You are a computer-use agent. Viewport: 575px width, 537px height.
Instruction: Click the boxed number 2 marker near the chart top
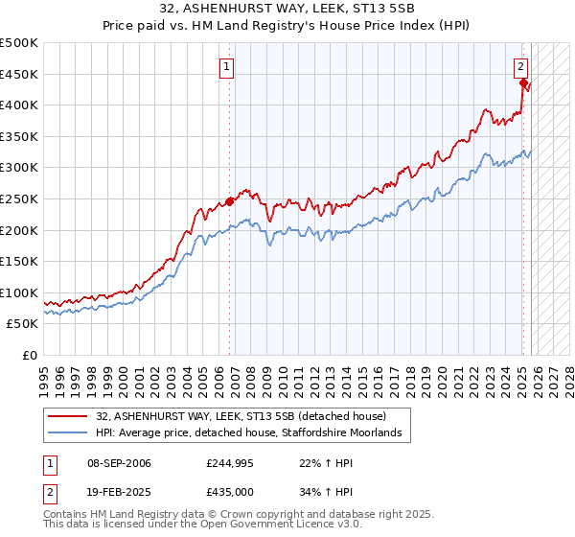tap(520, 67)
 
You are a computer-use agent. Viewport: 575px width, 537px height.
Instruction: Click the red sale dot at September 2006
tap(230, 201)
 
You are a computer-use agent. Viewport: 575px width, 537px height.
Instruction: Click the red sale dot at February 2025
tap(523, 83)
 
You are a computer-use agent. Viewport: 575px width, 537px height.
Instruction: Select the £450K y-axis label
tap(20, 74)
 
